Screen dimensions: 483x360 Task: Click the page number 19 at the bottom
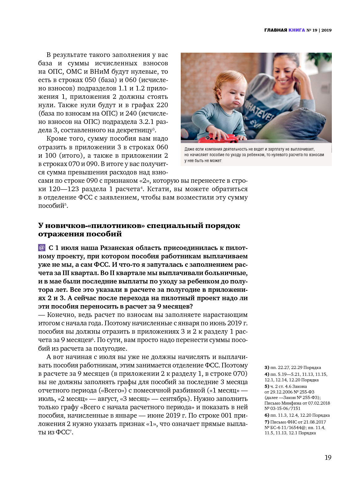pos(328,458)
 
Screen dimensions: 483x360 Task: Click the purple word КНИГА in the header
pos(297,30)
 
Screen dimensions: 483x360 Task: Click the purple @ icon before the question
pos(42,248)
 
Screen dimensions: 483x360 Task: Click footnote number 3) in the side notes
pos(267,367)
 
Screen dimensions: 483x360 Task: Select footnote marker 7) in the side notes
pos(267,422)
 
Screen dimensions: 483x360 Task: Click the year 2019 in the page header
pos(326,30)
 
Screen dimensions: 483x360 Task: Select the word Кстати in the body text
pos(158,189)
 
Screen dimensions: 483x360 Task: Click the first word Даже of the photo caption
pos(189,149)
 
